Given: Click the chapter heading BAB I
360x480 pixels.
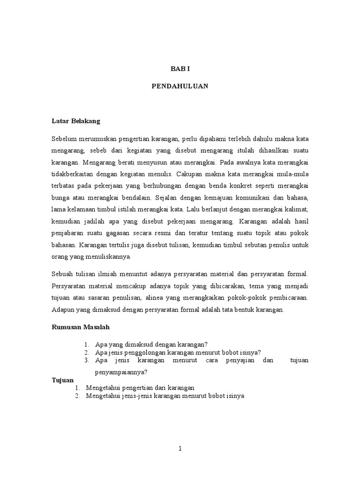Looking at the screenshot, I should click(180, 68).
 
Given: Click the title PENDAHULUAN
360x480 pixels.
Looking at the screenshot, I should click(180, 86).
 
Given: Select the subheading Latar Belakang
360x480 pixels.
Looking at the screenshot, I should click(75, 121).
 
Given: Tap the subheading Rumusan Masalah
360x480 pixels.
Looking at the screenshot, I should click(80, 328).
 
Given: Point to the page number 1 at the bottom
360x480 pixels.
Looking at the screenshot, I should click(180, 449).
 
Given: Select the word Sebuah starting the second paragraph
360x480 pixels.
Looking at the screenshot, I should click(62, 273).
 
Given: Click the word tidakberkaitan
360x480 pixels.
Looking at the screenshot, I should click(73, 173).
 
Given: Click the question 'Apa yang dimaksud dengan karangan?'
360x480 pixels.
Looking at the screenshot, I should click(151, 344).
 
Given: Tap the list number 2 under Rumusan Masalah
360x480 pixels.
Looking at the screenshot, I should click(87, 352).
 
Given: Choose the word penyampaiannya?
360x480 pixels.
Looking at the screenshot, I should click(121, 372).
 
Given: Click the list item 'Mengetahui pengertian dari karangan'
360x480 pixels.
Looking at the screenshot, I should click(140, 388).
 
